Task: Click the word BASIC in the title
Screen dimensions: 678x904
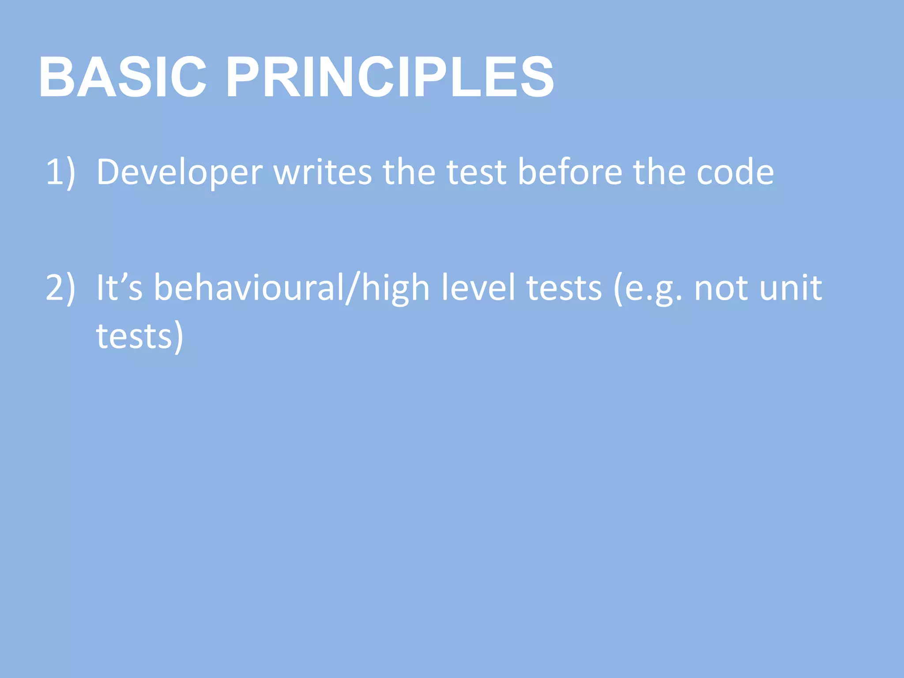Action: click(x=123, y=78)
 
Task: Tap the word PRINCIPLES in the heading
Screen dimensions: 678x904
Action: click(x=390, y=78)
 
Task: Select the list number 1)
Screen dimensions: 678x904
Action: click(x=60, y=172)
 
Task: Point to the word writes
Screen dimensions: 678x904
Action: click(x=323, y=172)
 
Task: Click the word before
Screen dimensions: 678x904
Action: click(x=570, y=172)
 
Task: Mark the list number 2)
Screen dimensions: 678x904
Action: click(x=60, y=288)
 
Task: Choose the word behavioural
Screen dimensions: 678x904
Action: click(x=248, y=288)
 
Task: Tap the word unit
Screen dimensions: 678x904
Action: click(x=790, y=288)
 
